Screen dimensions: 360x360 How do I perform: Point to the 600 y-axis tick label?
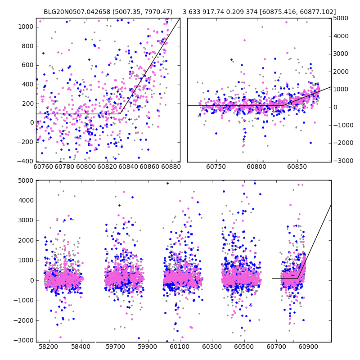tap(27, 65)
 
